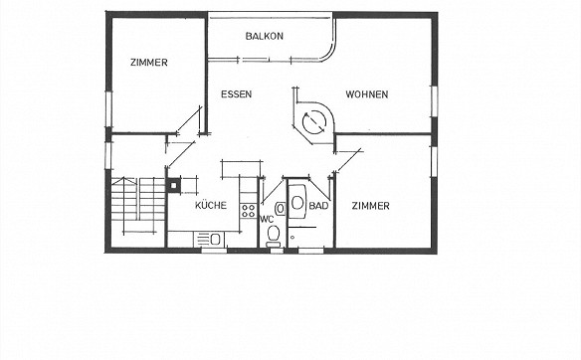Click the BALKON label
point(265,36)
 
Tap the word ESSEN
point(236,94)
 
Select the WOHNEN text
point(367,94)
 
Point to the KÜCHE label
point(211,205)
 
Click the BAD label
point(318,206)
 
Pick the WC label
point(267,219)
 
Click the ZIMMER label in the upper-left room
point(149,63)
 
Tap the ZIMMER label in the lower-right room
point(370,206)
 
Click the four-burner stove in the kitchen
point(248,211)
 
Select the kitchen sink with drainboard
point(209,239)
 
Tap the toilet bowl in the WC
point(274,234)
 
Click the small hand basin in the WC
point(281,209)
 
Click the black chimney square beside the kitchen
point(173,185)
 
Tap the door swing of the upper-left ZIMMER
point(189,120)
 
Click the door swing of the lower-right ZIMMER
point(348,161)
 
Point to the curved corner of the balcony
point(328,54)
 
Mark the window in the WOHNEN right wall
point(435,101)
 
